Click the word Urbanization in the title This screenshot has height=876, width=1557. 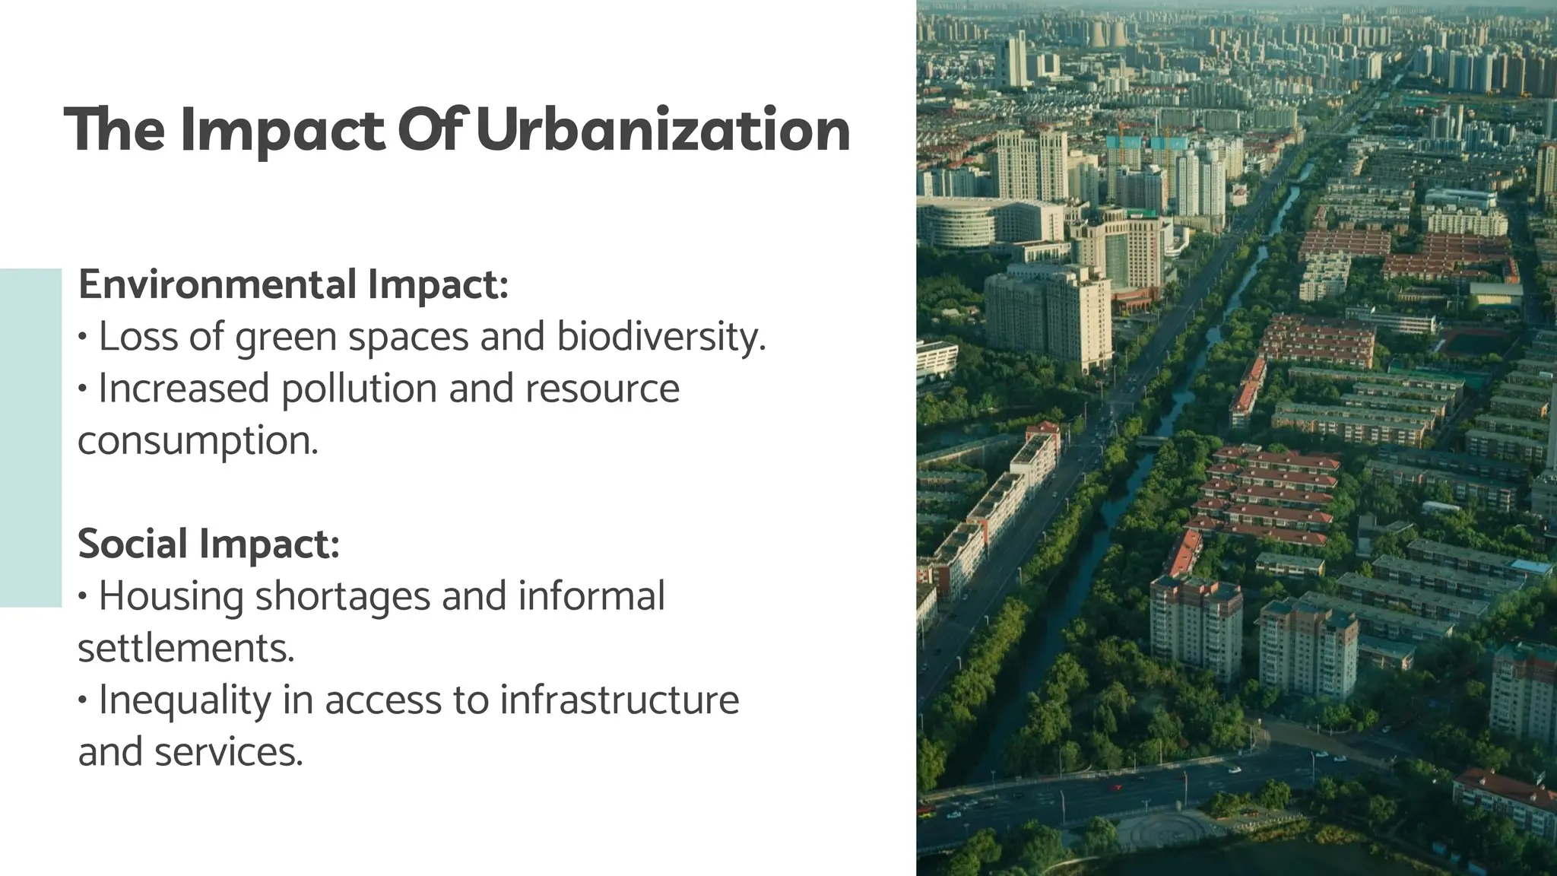coord(663,130)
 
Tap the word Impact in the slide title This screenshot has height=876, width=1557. coord(283,130)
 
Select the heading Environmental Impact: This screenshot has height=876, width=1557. coord(293,284)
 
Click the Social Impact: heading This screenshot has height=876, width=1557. coord(208,544)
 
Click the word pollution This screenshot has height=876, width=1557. coord(359,389)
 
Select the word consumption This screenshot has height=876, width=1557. coord(198,440)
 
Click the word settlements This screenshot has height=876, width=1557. coord(186,648)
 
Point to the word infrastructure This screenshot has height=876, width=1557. coord(619,700)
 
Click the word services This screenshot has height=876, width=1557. coord(228,752)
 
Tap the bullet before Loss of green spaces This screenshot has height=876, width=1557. coord(83,337)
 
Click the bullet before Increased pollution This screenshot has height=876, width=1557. coord(83,389)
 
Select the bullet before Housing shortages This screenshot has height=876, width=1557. coord(83,597)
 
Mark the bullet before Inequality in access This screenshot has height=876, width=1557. coord(83,700)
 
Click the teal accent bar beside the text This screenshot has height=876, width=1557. coord(30,437)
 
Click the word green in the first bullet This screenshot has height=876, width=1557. coord(286,337)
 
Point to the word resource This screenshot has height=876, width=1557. coord(602,389)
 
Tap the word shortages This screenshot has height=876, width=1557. coord(343,596)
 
